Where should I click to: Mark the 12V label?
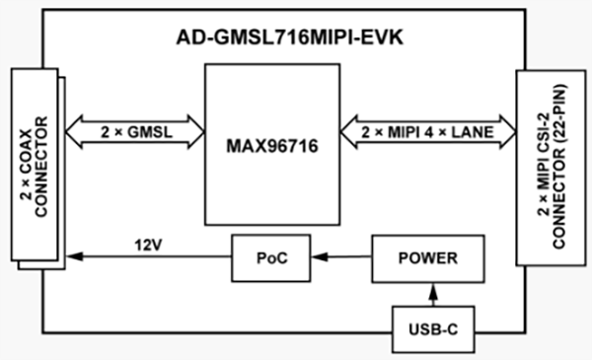pyautogui.click(x=145, y=239)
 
